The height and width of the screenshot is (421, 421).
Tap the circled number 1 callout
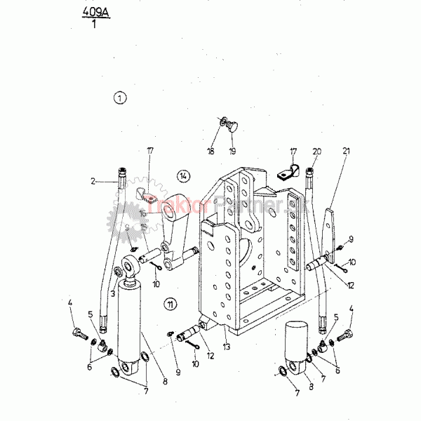[121, 98]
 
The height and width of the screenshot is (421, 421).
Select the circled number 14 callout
[183, 175]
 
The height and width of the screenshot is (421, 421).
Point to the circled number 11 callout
[170, 303]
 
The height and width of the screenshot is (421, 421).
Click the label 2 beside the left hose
[93, 180]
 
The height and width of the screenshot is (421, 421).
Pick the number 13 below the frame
[226, 347]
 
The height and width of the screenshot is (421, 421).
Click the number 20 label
[317, 150]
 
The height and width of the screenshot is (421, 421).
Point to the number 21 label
[346, 150]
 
